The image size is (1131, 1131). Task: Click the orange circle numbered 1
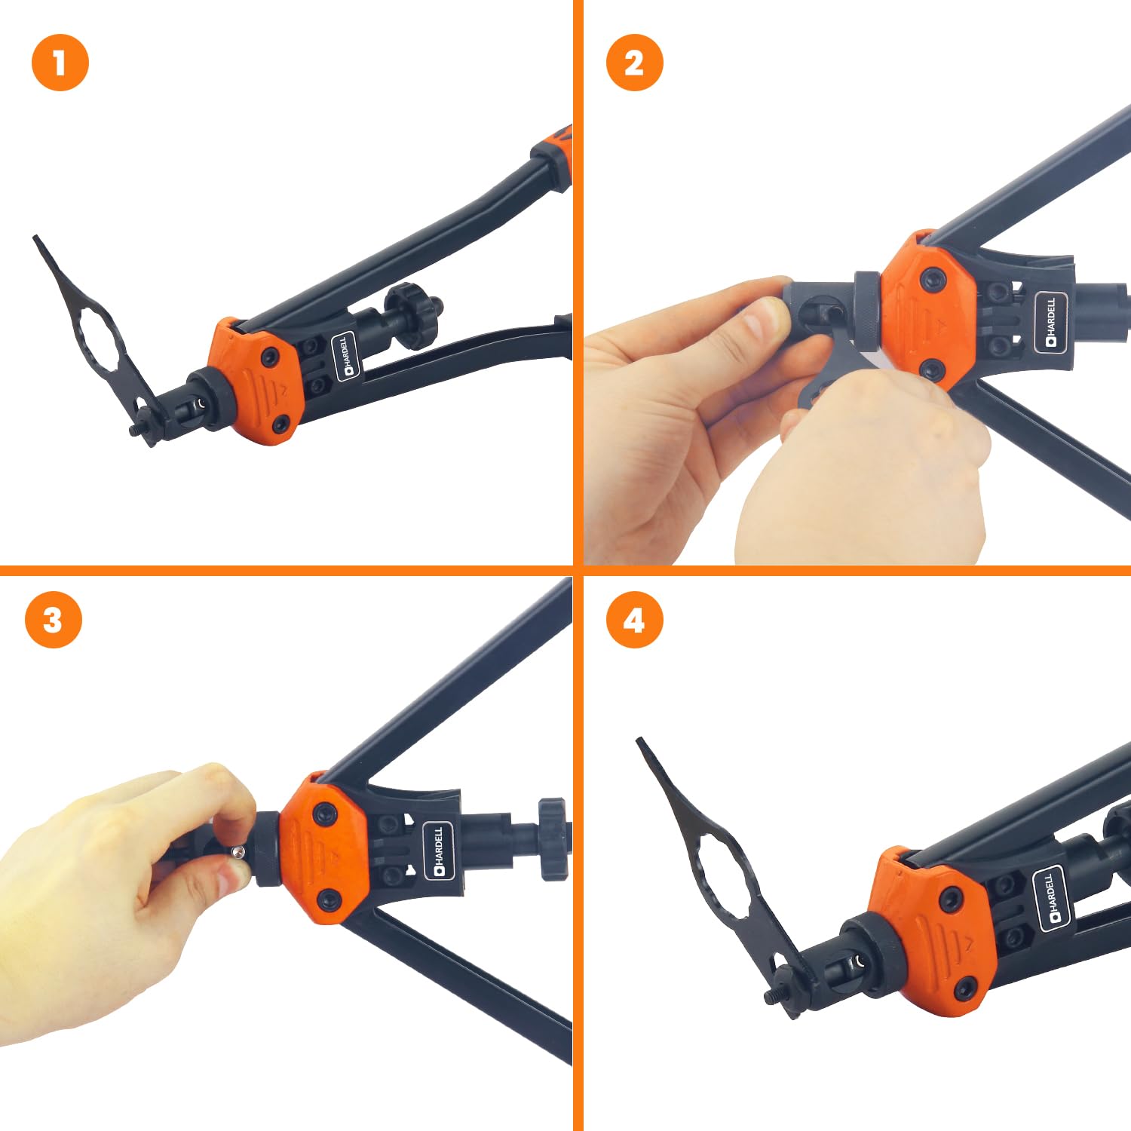pos(60,63)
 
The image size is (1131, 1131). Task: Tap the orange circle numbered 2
pos(635,63)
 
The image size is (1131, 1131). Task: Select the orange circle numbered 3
pos(53,620)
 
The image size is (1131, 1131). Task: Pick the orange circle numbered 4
pos(635,620)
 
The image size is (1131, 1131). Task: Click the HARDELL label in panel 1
pos(347,356)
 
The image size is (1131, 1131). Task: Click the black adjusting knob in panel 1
pos(412,315)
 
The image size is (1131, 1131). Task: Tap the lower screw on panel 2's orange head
pos(933,369)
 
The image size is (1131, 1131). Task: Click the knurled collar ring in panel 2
pos(868,310)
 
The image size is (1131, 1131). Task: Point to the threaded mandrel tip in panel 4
pos(771,996)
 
